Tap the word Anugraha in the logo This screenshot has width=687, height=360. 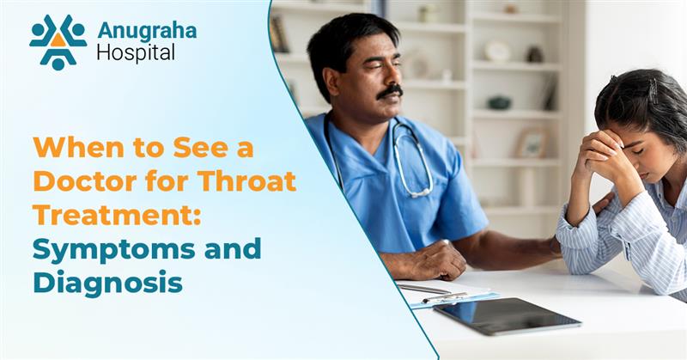point(146,30)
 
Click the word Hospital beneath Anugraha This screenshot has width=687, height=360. point(136,53)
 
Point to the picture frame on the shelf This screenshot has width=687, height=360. point(532,143)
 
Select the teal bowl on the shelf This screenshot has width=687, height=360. point(499,102)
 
